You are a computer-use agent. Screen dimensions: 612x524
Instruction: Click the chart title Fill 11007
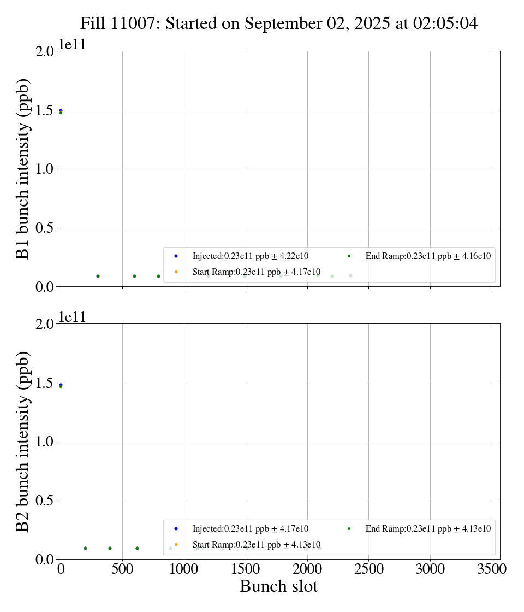(279, 23)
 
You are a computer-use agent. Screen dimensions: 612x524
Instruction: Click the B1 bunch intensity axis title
(23, 169)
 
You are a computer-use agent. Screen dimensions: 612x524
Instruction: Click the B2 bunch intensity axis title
(23, 442)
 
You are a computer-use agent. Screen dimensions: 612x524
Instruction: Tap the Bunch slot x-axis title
(279, 587)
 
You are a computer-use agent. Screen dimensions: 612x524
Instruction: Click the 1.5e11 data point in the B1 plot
(61, 111)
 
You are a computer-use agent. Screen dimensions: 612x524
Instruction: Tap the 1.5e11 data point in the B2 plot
(61, 385)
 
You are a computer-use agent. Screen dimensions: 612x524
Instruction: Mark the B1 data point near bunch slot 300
(98, 276)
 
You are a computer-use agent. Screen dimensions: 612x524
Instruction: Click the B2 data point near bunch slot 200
(85, 548)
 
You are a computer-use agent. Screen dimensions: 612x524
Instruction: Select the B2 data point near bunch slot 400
(110, 548)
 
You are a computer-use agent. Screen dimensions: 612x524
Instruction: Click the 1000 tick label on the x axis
(184, 569)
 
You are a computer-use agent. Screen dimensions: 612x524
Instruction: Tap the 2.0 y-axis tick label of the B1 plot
(45, 51)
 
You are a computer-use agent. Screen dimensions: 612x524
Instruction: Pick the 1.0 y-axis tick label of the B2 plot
(45, 442)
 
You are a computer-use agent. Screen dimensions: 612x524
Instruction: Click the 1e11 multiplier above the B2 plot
(72, 317)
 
